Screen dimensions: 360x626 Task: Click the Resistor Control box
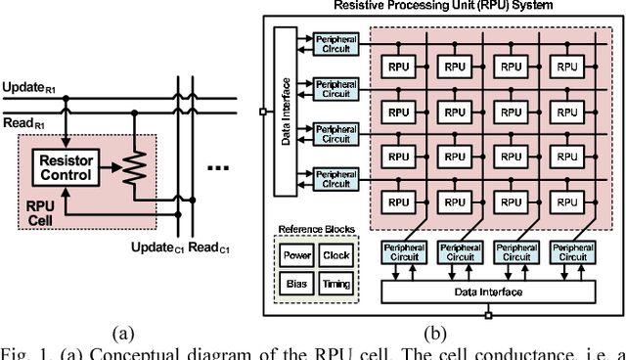point(67,168)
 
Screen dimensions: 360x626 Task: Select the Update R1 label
point(29,87)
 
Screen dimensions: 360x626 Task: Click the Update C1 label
point(156,248)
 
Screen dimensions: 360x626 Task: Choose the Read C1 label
point(208,248)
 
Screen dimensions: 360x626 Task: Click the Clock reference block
point(335,255)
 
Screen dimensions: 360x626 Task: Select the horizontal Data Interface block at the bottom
point(486,292)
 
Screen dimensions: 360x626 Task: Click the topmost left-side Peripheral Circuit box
point(335,43)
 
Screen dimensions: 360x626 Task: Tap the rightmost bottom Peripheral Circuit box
point(573,252)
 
